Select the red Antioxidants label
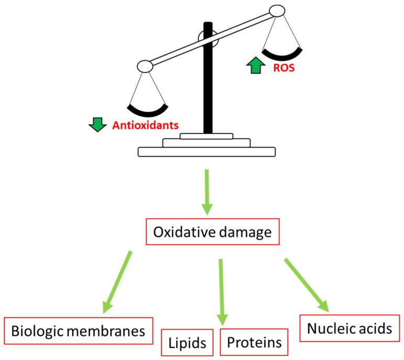coord(146,126)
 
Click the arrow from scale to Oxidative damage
coord(207,191)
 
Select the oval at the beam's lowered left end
coord(144,66)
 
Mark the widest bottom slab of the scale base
coord(206,152)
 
